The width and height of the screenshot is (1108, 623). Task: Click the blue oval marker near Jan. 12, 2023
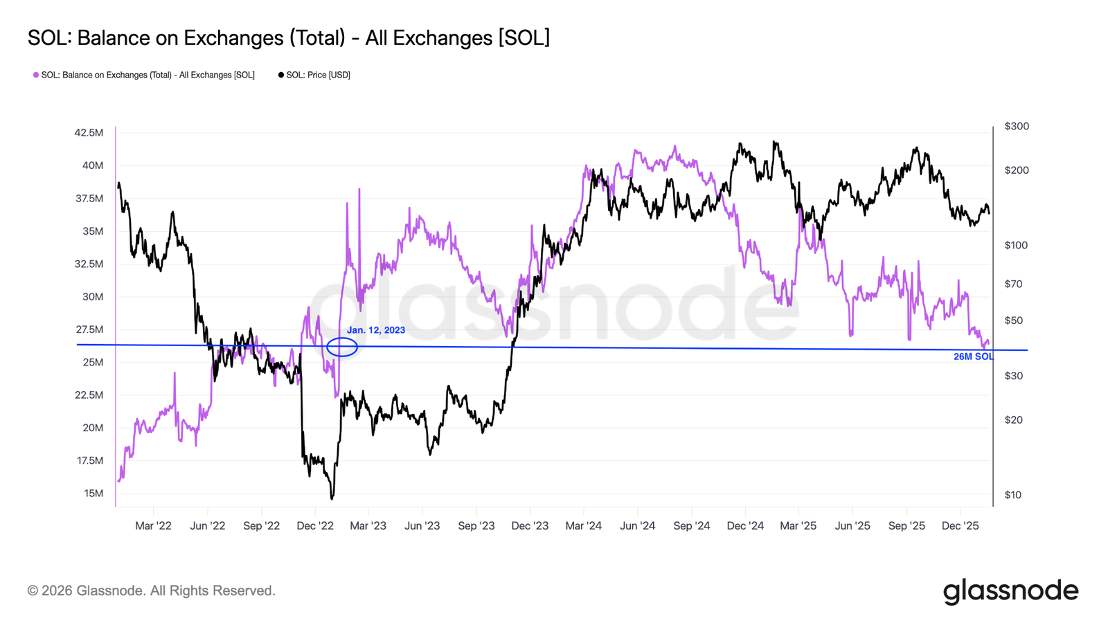[x=342, y=347]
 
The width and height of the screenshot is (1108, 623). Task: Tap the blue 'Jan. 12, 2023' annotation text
[x=376, y=330]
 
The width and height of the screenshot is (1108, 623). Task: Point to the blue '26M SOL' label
[x=973, y=356]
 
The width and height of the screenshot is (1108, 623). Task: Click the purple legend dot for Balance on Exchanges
[x=36, y=75]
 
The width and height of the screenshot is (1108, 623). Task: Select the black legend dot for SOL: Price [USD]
[x=281, y=75]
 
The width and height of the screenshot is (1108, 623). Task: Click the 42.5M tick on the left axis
[x=89, y=133]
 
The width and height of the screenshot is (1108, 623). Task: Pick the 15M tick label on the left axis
[x=93, y=494]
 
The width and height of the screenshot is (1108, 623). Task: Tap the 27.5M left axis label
[x=89, y=329]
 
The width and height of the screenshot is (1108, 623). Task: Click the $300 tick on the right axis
[x=1017, y=126]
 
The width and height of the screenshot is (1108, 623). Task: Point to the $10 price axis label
[x=1013, y=494]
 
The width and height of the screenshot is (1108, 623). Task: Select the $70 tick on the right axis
[x=1013, y=284]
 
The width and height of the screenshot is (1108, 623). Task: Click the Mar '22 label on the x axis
[x=153, y=525]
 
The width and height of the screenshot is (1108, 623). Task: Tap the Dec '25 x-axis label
[x=960, y=525]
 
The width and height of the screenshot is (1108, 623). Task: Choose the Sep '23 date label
[x=476, y=525]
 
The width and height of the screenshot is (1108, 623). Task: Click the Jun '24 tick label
[x=637, y=525]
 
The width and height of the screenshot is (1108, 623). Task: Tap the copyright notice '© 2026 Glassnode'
[x=151, y=590]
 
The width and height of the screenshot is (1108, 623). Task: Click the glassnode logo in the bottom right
[x=1010, y=590]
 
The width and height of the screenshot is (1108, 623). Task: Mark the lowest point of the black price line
[x=332, y=498]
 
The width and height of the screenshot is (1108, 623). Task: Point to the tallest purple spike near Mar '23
[x=359, y=189]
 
